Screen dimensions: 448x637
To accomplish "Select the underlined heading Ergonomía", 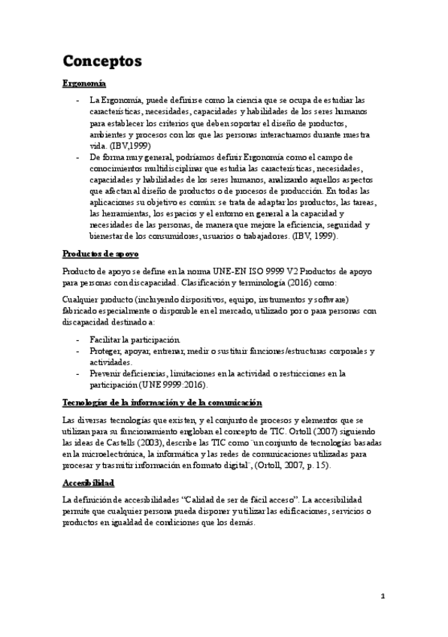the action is tap(83, 83).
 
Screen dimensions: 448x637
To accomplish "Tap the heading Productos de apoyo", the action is tap(100, 255).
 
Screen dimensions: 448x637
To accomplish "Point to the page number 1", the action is tap(383, 596).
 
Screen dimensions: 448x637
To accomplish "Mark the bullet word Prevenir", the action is tap(108, 373).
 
